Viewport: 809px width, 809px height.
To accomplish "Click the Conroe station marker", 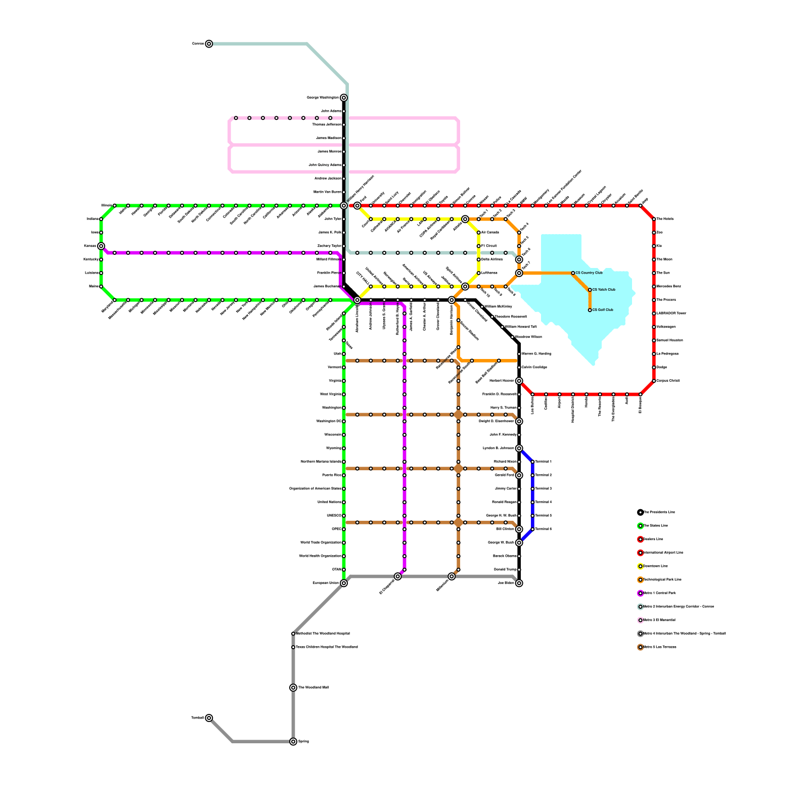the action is (209, 44).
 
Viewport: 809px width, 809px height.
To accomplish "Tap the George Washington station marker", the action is (344, 98).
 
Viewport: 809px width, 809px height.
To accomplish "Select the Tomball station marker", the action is (209, 718).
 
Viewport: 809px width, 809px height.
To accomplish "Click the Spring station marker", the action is (293, 742).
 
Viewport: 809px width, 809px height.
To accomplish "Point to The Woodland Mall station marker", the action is (293, 688).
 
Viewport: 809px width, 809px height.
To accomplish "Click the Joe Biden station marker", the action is (519, 583).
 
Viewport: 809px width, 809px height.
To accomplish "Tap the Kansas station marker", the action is (101, 246).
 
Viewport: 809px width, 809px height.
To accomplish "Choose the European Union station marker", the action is (344, 583).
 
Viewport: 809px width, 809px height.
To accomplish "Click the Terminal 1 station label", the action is (544, 462).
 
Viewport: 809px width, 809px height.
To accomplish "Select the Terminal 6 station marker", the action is (532, 529).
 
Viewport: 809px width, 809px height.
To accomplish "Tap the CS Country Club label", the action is (589, 273).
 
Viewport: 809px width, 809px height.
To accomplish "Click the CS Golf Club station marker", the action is (590, 310).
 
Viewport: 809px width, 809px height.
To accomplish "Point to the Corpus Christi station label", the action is (668, 381).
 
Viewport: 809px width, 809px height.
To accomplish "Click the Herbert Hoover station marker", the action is (519, 381).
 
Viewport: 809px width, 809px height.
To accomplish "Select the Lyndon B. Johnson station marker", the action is (519, 448).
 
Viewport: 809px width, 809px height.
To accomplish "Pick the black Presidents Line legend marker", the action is (641, 512).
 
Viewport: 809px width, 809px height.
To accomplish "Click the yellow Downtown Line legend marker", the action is (641, 566).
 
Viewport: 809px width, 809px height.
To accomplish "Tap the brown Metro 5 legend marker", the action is (641, 647).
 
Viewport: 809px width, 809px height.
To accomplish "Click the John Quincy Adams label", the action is (325, 165).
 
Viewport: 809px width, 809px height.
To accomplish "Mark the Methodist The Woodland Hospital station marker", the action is (293, 634).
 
